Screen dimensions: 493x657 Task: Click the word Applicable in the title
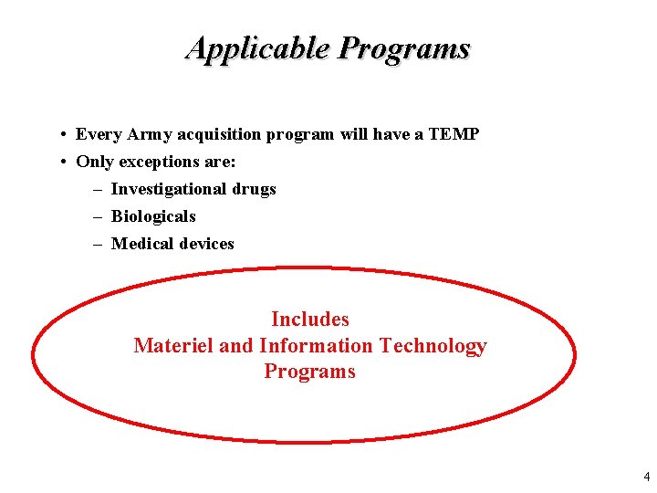[257, 47]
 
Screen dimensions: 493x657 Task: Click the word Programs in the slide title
[403, 47]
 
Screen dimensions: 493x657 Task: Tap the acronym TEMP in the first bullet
[453, 134]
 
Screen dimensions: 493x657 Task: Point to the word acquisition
[220, 134]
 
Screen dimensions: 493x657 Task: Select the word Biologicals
[153, 216]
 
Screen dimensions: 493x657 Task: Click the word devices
[207, 244]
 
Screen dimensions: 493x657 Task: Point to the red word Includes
[310, 320]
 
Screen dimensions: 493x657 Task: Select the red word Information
[316, 346]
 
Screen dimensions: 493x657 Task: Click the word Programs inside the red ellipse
[310, 372]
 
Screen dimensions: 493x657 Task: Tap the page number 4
[646, 477]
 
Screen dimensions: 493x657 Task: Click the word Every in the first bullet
[99, 134]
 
